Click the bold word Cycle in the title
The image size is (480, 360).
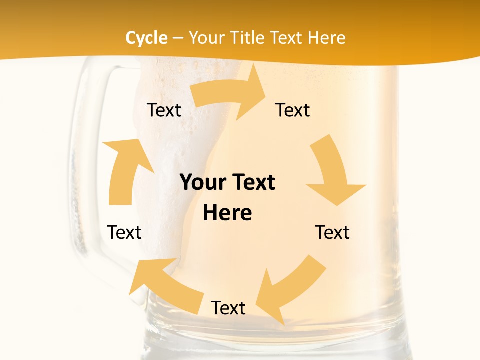tap(146, 38)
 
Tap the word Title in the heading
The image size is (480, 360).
tap(248, 38)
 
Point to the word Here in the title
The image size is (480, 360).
tap(326, 38)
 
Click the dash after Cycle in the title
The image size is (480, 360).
tap(177, 38)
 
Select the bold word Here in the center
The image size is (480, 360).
tap(227, 213)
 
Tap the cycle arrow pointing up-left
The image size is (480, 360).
tap(160, 283)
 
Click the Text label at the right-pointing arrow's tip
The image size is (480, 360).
tap(293, 110)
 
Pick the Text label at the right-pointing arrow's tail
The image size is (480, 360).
tap(164, 110)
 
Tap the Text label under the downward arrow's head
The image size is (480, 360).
tap(332, 232)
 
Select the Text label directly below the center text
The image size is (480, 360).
tap(228, 308)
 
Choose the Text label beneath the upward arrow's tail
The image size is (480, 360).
tap(124, 232)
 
